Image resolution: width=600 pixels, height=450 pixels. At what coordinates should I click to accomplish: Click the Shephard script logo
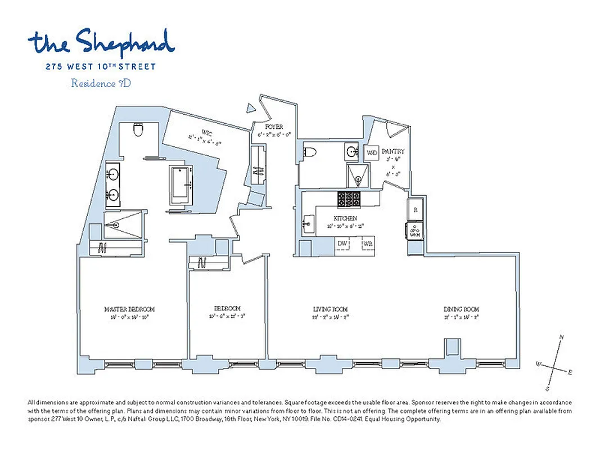tap(101, 42)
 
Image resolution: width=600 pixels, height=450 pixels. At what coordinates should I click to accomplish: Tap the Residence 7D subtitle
tap(101, 83)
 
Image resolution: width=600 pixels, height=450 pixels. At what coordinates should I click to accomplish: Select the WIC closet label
tap(206, 132)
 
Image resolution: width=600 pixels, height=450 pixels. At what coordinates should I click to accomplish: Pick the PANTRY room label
tap(393, 152)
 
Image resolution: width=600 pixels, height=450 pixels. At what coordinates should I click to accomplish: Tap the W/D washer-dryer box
tap(372, 153)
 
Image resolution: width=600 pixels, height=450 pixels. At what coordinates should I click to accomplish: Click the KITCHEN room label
tap(345, 218)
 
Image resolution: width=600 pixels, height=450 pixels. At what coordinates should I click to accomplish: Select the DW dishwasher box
tap(342, 243)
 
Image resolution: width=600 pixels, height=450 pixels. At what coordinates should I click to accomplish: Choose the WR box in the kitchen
tap(368, 244)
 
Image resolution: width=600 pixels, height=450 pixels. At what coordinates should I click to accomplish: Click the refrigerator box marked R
tap(416, 209)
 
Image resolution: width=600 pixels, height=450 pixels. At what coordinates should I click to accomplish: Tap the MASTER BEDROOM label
tap(129, 309)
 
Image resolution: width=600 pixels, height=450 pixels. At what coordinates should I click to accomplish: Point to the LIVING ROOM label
tap(330, 309)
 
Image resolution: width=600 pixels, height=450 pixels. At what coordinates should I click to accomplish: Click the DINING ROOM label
tap(461, 309)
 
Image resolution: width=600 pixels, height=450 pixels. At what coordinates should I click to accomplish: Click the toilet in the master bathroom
tap(138, 131)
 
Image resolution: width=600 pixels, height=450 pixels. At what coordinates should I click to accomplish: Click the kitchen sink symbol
tap(308, 224)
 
